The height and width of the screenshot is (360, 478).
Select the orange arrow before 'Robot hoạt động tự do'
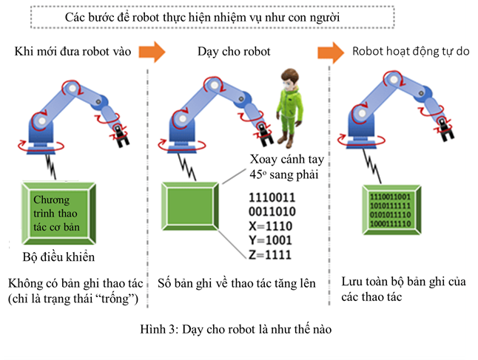click(331, 52)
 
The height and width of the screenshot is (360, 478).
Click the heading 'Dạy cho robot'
click(234, 52)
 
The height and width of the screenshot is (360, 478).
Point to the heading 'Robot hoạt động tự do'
click(411, 52)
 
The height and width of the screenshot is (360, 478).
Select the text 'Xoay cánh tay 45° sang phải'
click(281, 169)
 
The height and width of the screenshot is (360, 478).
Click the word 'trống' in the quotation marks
click(119, 298)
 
